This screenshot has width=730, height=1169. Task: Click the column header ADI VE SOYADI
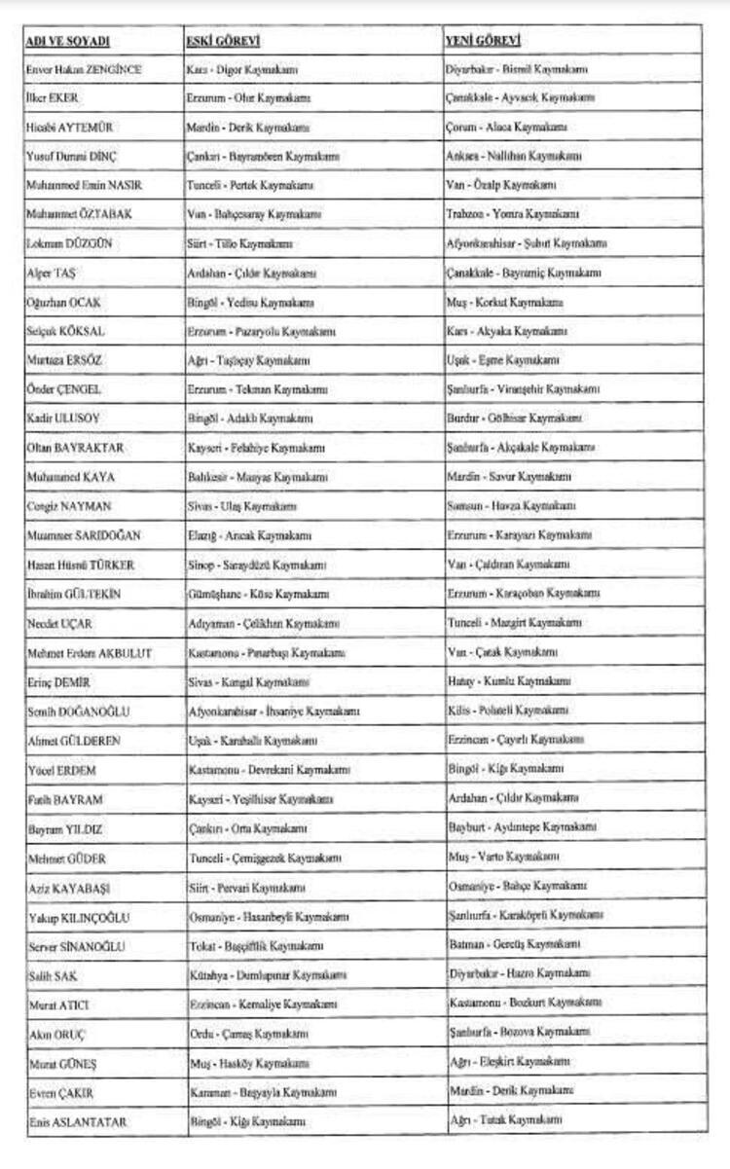coord(68,41)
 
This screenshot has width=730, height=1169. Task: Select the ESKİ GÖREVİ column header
coord(223,41)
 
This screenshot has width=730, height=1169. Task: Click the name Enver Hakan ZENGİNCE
coord(85,70)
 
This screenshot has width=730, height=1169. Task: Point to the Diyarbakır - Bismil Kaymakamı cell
coord(516,69)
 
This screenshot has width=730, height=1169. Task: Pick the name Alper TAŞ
coord(51,273)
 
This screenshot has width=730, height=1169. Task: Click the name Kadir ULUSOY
coord(64,419)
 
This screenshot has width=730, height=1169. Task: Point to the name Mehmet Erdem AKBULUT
coord(90,652)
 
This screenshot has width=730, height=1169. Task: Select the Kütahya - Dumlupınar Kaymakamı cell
coord(266,974)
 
